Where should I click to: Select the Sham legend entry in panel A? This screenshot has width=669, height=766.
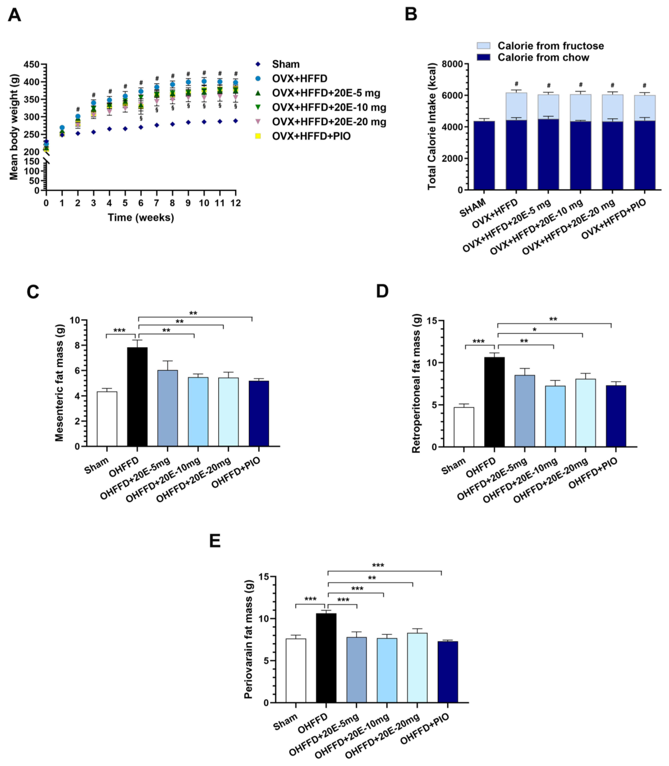point(286,64)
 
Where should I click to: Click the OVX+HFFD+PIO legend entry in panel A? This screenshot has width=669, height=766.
point(311,136)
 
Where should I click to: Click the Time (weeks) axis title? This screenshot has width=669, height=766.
point(141,218)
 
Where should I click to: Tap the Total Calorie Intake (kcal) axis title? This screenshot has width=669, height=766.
point(432,126)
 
